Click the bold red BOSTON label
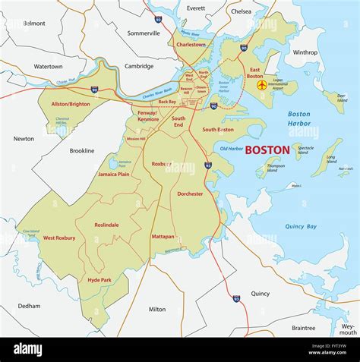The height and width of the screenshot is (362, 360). tap(267, 150)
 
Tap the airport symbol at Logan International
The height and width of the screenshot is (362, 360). tap(262, 85)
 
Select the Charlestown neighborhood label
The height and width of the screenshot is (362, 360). tap(191, 45)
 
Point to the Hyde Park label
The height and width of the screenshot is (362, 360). tap(99, 280)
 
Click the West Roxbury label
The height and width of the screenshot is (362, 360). tap(59, 238)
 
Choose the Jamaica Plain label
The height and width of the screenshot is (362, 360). tap(113, 175)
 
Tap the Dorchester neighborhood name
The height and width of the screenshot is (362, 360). tap(190, 194)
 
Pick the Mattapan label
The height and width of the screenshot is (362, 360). tap(163, 236)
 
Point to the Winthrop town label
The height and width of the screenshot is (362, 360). tap(305, 52)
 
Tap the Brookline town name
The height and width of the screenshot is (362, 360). tap(81, 150)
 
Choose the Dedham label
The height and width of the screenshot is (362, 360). tap(29, 306)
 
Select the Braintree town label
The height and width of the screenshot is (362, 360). tap(303, 328)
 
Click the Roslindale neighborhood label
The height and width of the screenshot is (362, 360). tap(106, 225)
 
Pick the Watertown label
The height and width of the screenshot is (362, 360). tap(48, 67)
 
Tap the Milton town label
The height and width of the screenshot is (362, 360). tap(157, 309)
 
